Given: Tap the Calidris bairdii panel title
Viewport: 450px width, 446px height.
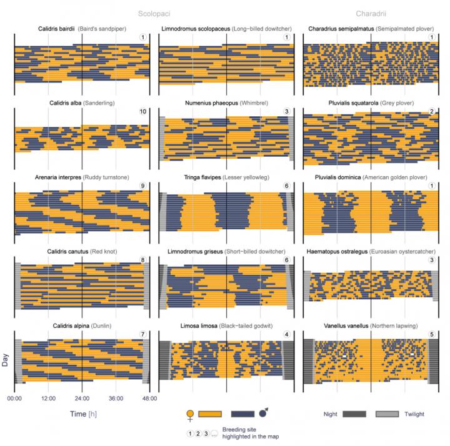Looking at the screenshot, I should [x=82, y=28].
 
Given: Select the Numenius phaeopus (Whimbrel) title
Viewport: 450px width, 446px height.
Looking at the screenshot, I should [x=226, y=102].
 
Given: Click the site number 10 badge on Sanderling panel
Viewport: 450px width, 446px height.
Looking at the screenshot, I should [x=143, y=112].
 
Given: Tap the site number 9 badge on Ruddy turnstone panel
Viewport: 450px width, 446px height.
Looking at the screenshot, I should [x=143, y=186].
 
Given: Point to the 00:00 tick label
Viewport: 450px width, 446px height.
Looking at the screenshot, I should [x=15, y=398].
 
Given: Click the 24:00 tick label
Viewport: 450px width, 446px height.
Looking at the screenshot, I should [x=82, y=398].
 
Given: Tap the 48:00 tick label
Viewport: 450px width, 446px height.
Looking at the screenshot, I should [x=149, y=398].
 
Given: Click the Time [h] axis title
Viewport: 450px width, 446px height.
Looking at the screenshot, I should [x=82, y=414].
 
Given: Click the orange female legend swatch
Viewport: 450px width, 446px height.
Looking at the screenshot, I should [x=211, y=414].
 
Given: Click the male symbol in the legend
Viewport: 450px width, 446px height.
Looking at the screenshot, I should [x=264, y=412].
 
